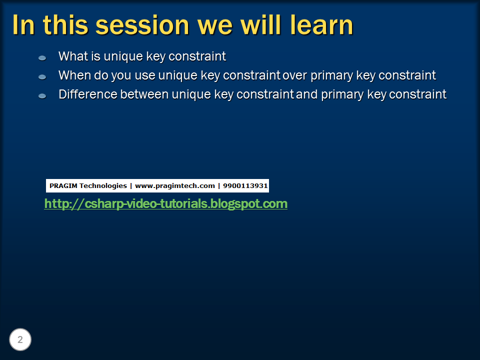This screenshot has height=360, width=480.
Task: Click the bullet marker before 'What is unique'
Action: [x=42, y=58]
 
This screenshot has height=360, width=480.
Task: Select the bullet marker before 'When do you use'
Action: [x=42, y=77]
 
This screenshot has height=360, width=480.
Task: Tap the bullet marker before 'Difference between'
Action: [x=42, y=95]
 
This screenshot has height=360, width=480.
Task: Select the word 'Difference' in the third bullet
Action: [x=88, y=94]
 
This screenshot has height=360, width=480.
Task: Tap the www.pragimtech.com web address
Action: [x=174, y=186]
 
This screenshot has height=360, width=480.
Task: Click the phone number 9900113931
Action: [x=245, y=186]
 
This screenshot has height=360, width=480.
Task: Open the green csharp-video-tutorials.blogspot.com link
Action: [x=165, y=204]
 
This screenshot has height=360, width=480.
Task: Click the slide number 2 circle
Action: [x=20, y=340]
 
